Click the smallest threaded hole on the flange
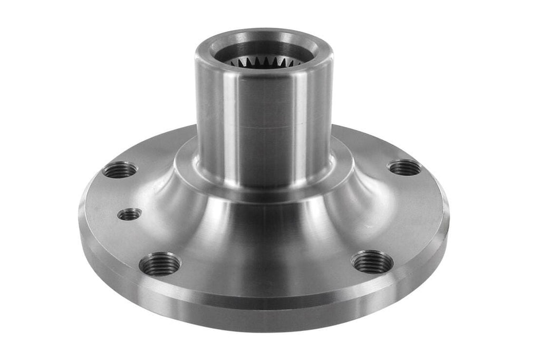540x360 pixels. (x=129, y=214)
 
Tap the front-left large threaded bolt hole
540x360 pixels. (x=160, y=264)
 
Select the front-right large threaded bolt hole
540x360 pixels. (x=372, y=262)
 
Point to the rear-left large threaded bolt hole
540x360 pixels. (x=120, y=170)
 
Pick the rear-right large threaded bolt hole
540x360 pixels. (x=404, y=168)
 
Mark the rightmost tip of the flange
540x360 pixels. (x=448, y=216)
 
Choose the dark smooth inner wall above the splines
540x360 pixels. (x=264, y=51)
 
